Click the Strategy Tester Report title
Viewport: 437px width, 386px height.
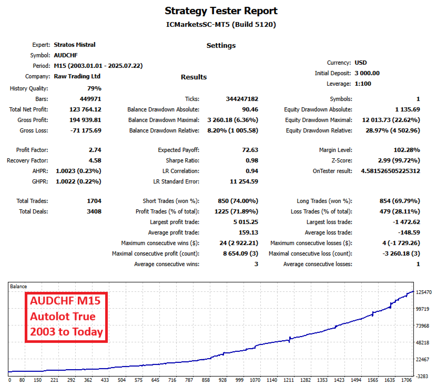point(221,11)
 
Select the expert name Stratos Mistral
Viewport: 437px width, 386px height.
point(75,45)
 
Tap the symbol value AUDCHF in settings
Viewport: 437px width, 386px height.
point(66,55)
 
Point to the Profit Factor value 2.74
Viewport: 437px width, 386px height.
point(95,150)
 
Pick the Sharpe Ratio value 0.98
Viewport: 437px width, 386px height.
point(251,160)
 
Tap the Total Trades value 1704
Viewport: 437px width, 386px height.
point(93,201)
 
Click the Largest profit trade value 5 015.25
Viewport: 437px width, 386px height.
point(244,222)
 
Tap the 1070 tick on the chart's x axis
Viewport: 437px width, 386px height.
point(256,380)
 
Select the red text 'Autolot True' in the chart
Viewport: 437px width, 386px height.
point(63,317)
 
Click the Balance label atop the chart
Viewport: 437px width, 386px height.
point(18,286)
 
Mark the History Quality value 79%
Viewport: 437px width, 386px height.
point(94,88)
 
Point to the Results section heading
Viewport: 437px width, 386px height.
point(194,77)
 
